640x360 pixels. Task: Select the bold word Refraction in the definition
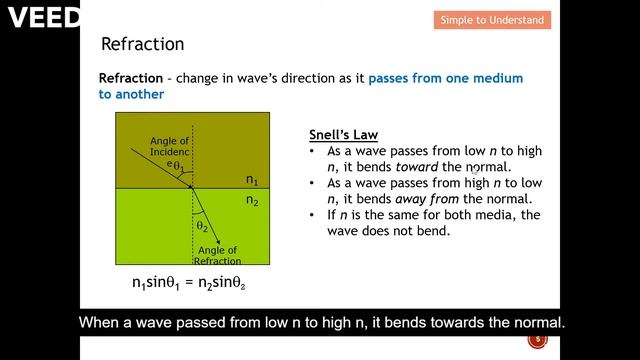(132, 78)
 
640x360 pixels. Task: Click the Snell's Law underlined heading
(344, 135)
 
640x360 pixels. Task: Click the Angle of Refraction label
(218, 255)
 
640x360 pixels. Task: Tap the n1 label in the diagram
(252, 181)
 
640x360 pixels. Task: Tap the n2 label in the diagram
(252, 200)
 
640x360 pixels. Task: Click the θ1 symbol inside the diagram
(176, 166)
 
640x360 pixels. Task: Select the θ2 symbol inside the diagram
(201, 226)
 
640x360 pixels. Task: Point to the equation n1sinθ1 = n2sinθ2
(189, 283)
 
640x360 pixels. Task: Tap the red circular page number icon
(537, 341)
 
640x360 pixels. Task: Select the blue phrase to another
(131, 94)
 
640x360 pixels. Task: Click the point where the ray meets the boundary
(192, 187)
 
